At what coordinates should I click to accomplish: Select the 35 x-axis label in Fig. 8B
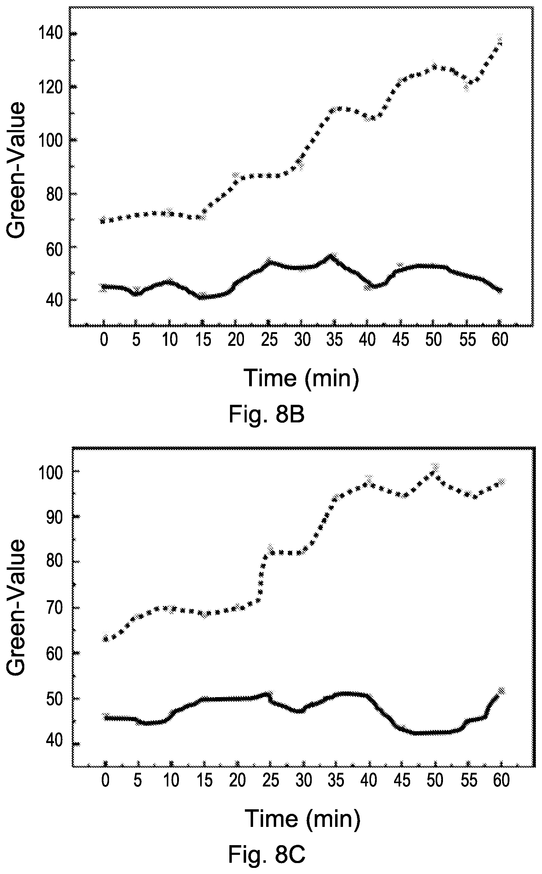[x=334, y=339]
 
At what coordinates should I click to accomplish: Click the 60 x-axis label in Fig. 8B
[x=500, y=339]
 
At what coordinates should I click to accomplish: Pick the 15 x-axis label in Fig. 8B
[x=203, y=339]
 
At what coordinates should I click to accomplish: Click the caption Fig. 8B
[x=267, y=415]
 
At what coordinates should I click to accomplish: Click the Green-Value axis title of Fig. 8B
[x=16, y=170]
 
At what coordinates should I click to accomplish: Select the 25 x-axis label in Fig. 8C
[x=271, y=780]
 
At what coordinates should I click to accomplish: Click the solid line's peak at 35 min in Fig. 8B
[x=331, y=257]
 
